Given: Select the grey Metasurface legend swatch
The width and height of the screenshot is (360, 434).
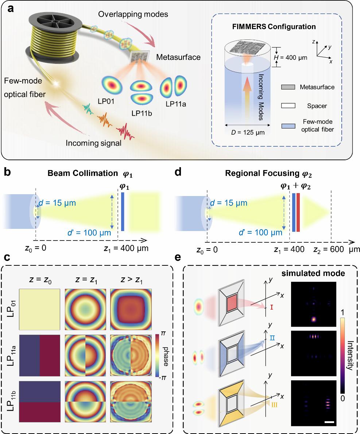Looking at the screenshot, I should click(x=288, y=87).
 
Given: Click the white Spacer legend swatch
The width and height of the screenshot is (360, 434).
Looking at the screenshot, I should click(x=288, y=106).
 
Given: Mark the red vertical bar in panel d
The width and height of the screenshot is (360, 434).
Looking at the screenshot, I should click(x=298, y=212).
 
